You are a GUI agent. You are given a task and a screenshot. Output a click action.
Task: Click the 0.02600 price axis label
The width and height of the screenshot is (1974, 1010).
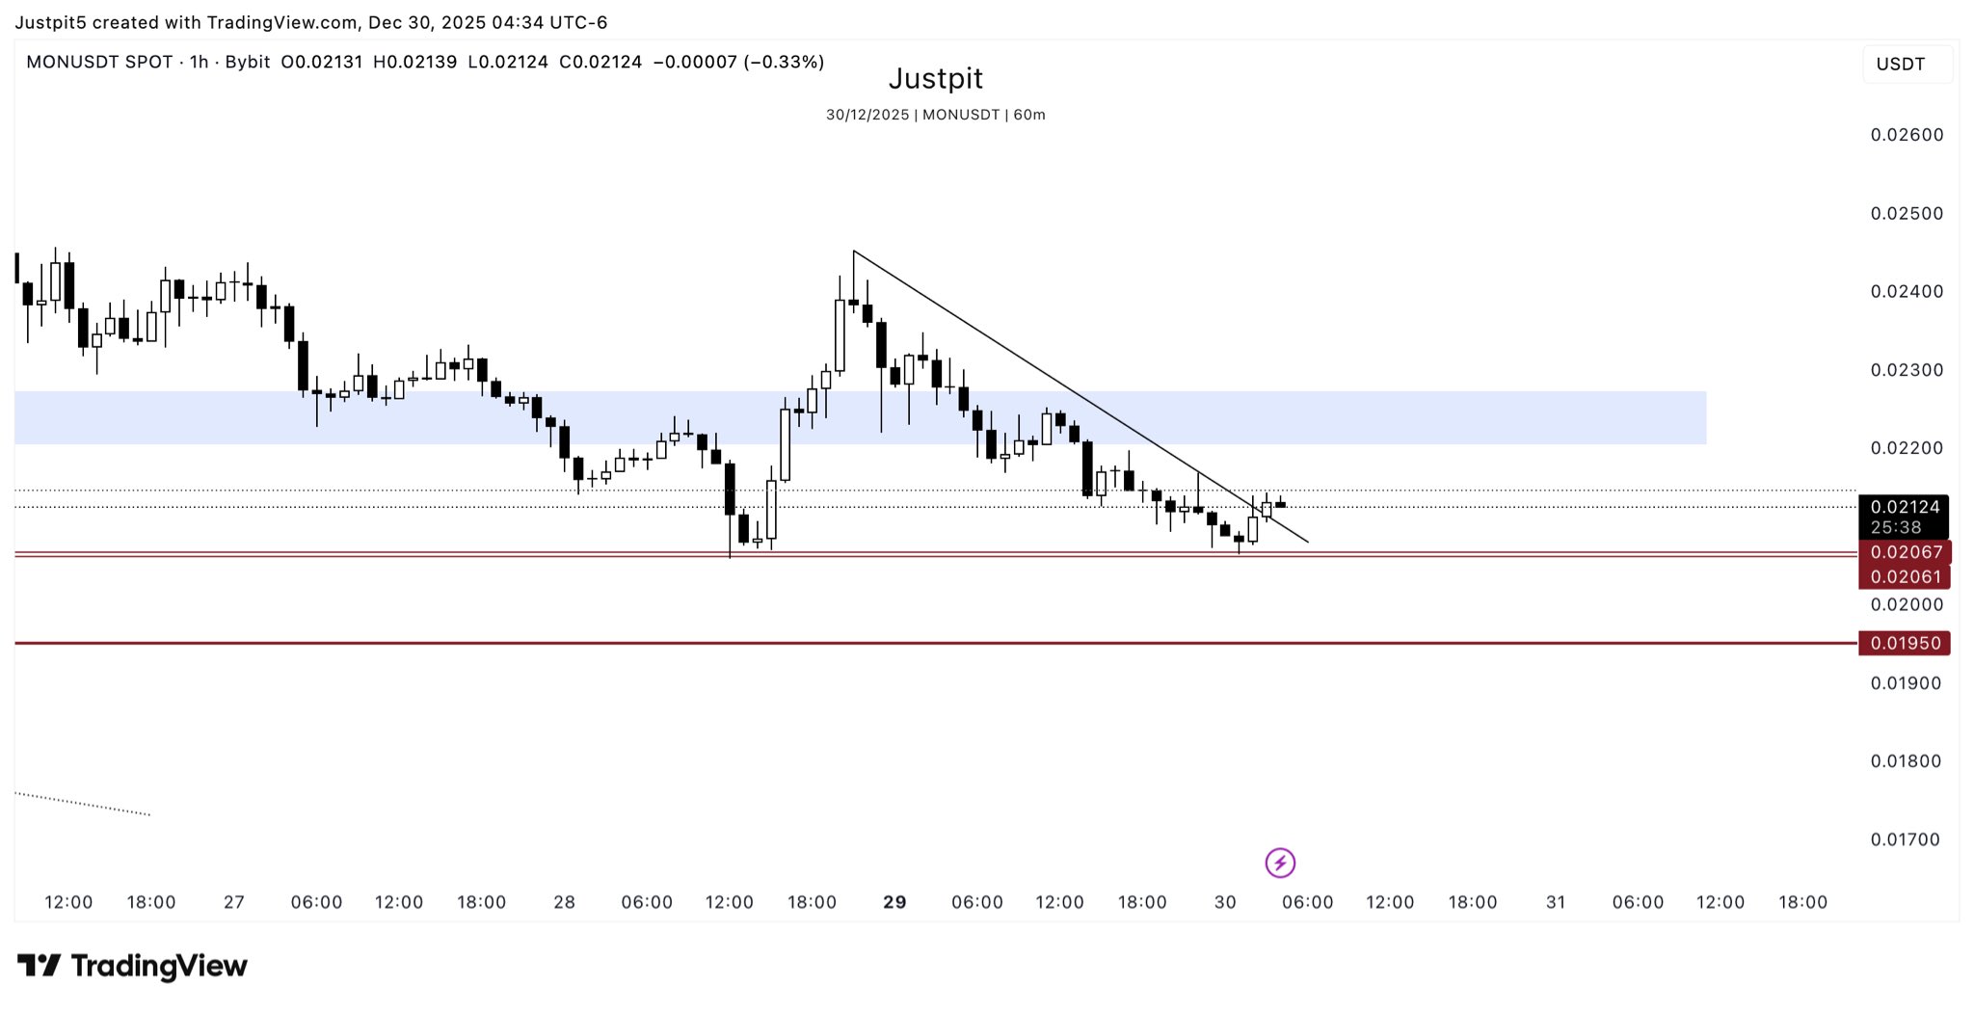[x=1907, y=135]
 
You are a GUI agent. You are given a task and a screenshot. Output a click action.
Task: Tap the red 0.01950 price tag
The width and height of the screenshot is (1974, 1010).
[x=1905, y=643]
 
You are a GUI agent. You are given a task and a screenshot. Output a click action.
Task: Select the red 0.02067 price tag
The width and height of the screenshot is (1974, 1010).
[x=1905, y=552]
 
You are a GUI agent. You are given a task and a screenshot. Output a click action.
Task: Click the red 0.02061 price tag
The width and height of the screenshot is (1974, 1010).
[x=1905, y=576]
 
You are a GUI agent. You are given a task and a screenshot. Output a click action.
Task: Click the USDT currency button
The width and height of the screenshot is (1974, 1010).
[x=1900, y=65]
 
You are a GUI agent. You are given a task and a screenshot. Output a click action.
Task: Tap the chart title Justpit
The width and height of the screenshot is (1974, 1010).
[x=935, y=78]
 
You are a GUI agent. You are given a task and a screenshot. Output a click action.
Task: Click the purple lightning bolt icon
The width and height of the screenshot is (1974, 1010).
[x=1280, y=863]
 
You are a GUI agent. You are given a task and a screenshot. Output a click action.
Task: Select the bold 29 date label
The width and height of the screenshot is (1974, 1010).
[x=894, y=902]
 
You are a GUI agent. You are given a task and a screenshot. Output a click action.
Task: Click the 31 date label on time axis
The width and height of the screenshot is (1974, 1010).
[x=1555, y=902]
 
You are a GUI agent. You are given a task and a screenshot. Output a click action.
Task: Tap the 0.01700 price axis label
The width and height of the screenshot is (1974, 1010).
[x=1907, y=839]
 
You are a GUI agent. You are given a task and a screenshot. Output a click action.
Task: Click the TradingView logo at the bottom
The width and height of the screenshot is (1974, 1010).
[x=133, y=965]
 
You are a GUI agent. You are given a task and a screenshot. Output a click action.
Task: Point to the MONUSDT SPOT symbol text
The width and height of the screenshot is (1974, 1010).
[x=99, y=63]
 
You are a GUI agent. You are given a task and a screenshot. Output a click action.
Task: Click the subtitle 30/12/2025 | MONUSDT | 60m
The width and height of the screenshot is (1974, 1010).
[x=935, y=115]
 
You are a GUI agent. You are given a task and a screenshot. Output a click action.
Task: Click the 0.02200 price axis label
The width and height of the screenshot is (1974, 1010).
[x=1907, y=448]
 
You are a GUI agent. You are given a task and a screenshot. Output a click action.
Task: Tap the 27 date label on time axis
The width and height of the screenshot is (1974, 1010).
[x=233, y=902]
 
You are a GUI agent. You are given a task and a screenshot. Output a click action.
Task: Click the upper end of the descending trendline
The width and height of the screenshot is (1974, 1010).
[x=855, y=252]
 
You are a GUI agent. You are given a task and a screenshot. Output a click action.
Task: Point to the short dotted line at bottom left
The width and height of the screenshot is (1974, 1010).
[x=83, y=804]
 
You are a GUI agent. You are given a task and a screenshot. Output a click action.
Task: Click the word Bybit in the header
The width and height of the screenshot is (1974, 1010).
[x=248, y=63]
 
